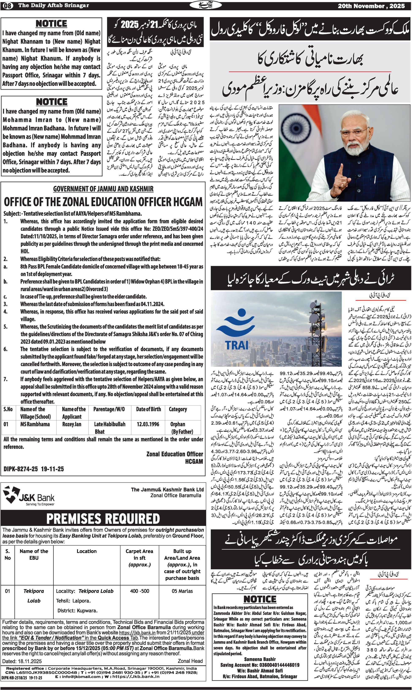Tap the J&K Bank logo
click(29, 494)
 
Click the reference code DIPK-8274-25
click(21, 469)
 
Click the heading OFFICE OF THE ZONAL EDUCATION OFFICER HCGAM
click(103, 202)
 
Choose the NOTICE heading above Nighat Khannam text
click(51, 24)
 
